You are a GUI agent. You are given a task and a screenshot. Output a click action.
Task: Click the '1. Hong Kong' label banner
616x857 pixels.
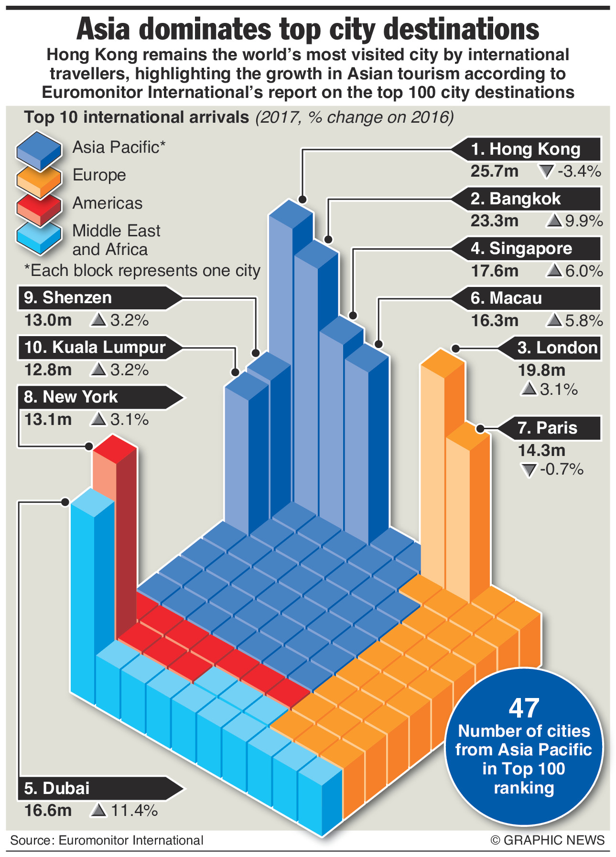tap(526, 149)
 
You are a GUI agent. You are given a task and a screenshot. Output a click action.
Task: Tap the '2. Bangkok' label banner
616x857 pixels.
tap(526, 199)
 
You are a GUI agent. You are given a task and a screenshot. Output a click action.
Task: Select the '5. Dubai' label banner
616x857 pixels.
tap(100, 788)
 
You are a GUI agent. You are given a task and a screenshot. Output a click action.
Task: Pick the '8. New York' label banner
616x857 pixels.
tap(100, 397)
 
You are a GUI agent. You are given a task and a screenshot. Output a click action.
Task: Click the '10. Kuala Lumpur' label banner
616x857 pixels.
tap(100, 347)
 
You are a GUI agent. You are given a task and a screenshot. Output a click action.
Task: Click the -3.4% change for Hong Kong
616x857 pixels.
tap(579, 171)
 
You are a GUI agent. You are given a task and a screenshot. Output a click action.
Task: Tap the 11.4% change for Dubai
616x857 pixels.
tap(134, 810)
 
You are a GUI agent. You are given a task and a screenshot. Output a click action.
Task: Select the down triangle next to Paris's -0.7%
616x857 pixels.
tap(528, 470)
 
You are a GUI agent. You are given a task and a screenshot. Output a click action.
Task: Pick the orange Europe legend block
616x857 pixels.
tap(39, 177)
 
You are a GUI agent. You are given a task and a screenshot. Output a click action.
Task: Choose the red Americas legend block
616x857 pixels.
tap(39, 205)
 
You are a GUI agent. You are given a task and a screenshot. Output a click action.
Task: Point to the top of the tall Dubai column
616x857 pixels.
tap(92, 502)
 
